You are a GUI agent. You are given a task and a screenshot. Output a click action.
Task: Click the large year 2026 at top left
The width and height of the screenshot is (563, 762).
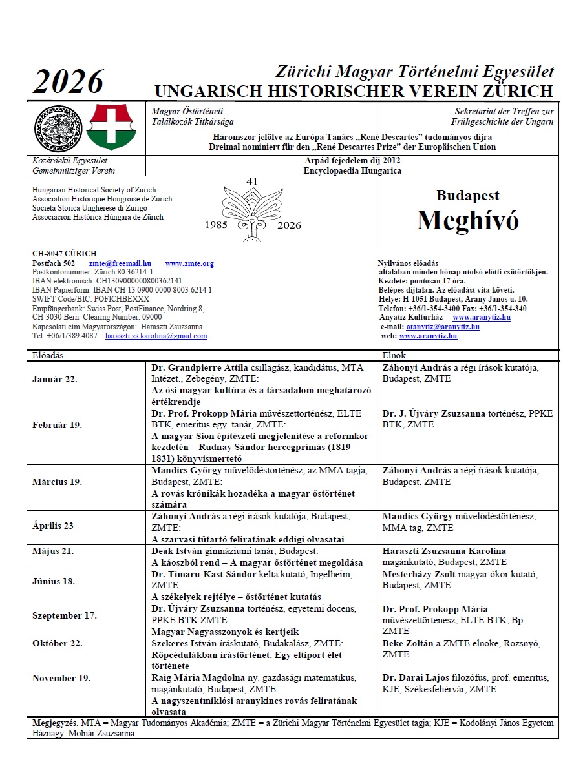tap(68, 83)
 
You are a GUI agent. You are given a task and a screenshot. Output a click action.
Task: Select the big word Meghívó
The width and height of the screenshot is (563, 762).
tap(467, 220)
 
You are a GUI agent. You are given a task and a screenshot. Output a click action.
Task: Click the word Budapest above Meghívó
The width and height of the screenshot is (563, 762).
tap(467, 195)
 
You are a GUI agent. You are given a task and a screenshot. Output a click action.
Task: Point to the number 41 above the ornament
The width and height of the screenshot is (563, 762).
tap(252, 182)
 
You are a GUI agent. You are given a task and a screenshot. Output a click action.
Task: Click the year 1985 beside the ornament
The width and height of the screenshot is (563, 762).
tap(217, 225)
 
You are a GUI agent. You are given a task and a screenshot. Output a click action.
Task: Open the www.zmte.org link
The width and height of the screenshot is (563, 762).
tap(189, 263)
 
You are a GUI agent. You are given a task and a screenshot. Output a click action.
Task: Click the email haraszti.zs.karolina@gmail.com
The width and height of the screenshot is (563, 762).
tap(156, 336)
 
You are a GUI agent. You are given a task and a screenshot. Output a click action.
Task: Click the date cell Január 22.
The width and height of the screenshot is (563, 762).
tap(55, 379)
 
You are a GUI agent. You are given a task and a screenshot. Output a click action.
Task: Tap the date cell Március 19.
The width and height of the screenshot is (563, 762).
tap(57, 481)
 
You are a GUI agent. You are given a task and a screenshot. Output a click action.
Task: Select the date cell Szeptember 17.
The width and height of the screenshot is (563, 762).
tap(65, 615)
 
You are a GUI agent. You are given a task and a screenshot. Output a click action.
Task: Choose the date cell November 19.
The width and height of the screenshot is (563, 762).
tap(61, 678)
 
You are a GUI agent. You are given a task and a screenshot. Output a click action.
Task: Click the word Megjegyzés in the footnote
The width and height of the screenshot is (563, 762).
tap(54, 723)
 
